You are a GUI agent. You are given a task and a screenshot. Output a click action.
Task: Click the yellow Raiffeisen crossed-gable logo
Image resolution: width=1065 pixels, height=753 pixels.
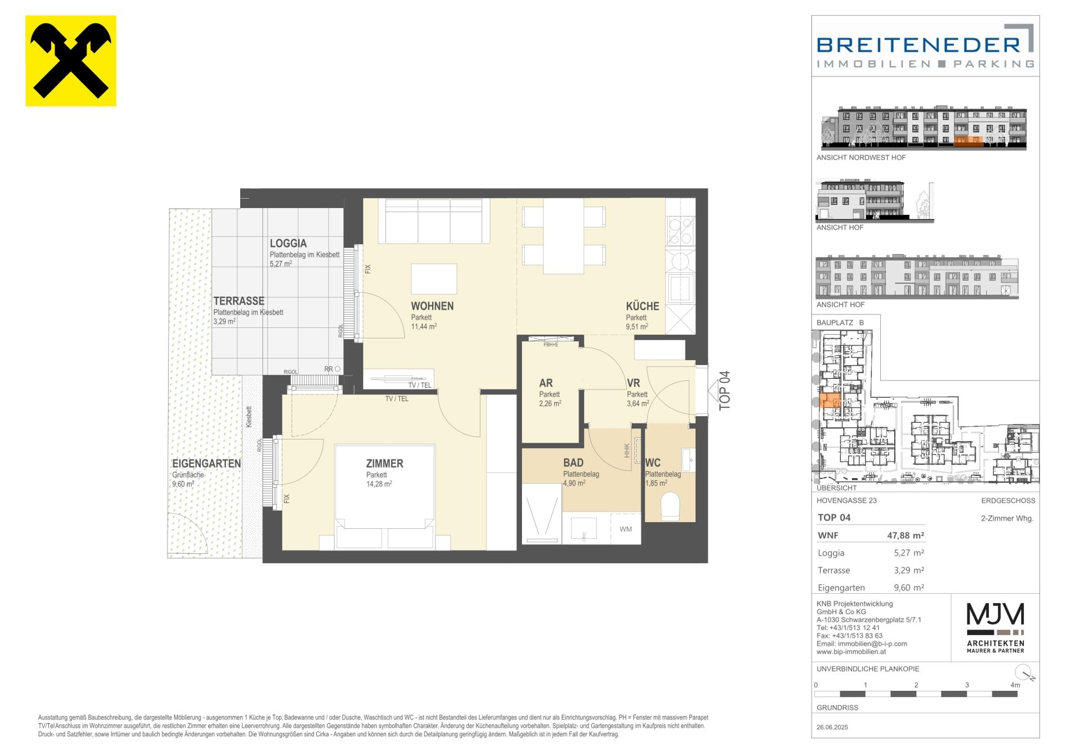[x=71, y=61]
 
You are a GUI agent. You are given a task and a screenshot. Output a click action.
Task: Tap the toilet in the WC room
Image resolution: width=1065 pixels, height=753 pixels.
[x=671, y=506]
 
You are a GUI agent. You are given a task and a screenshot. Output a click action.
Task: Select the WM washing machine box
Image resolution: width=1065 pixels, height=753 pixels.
[x=626, y=528]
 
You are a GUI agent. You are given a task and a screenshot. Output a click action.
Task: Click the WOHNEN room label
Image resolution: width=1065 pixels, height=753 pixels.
[x=432, y=306]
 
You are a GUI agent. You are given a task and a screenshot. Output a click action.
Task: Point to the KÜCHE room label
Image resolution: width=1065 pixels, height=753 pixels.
[x=642, y=306]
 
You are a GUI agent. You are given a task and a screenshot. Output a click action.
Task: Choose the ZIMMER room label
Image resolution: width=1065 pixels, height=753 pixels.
[x=384, y=463]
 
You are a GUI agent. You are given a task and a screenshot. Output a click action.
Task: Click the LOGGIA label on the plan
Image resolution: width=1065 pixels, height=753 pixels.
[x=288, y=243]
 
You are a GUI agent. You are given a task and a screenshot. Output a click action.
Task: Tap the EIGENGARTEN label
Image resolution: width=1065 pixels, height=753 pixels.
[x=206, y=463]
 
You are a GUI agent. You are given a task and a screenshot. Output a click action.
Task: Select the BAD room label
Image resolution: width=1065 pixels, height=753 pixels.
[x=573, y=463]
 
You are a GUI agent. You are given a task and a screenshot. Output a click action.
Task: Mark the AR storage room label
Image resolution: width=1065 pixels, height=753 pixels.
[x=546, y=383]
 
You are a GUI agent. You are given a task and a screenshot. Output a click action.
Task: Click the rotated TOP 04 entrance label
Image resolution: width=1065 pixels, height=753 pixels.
[x=724, y=391]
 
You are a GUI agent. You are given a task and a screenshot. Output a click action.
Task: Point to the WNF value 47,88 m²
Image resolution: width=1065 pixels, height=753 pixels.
[x=905, y=535]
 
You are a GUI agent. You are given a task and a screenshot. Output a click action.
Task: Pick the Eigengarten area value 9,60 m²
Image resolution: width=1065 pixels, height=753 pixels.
[x=906, y=587]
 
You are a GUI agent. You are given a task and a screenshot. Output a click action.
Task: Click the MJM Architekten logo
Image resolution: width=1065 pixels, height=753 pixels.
[x=996, y=628]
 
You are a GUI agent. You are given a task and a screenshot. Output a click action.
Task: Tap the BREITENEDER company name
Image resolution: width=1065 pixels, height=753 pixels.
[x=919, y=45]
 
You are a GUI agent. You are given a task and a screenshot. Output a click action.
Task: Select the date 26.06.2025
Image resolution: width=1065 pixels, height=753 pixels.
[x=832, y=727]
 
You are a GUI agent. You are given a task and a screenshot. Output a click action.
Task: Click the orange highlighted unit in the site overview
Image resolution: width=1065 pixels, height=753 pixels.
[x=829, y=400]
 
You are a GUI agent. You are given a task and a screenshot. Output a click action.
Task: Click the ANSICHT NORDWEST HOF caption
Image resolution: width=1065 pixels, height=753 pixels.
[x=861, y=158]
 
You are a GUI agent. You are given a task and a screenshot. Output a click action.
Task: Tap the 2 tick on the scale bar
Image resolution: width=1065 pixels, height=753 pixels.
[x=916, y=685]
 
